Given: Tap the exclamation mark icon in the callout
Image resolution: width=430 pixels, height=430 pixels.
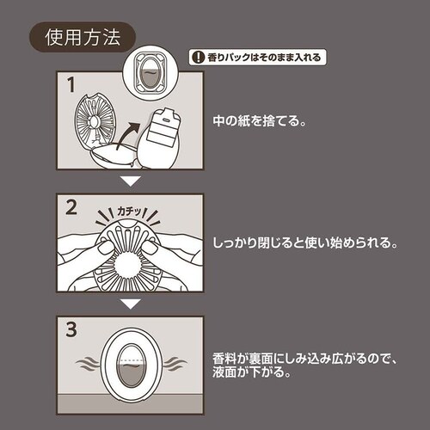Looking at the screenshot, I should (197, 58).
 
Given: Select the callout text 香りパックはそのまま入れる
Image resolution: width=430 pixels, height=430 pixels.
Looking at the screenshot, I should (261, 58).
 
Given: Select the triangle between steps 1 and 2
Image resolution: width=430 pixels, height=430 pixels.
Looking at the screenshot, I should (129, 181).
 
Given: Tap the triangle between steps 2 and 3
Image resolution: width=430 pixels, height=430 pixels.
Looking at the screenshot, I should (129, 304).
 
